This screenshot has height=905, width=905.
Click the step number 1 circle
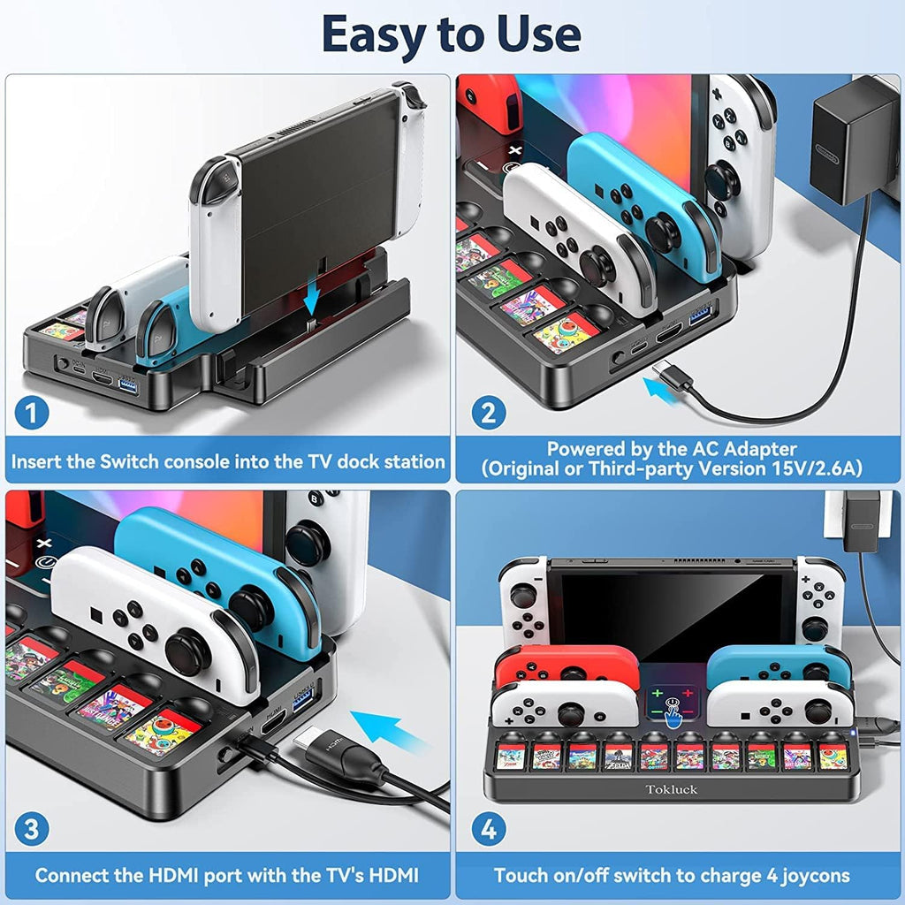[x=31, y=413]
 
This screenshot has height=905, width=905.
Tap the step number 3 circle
[x=31, y=829]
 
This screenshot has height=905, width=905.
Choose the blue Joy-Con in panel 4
[x=778, y=665]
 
